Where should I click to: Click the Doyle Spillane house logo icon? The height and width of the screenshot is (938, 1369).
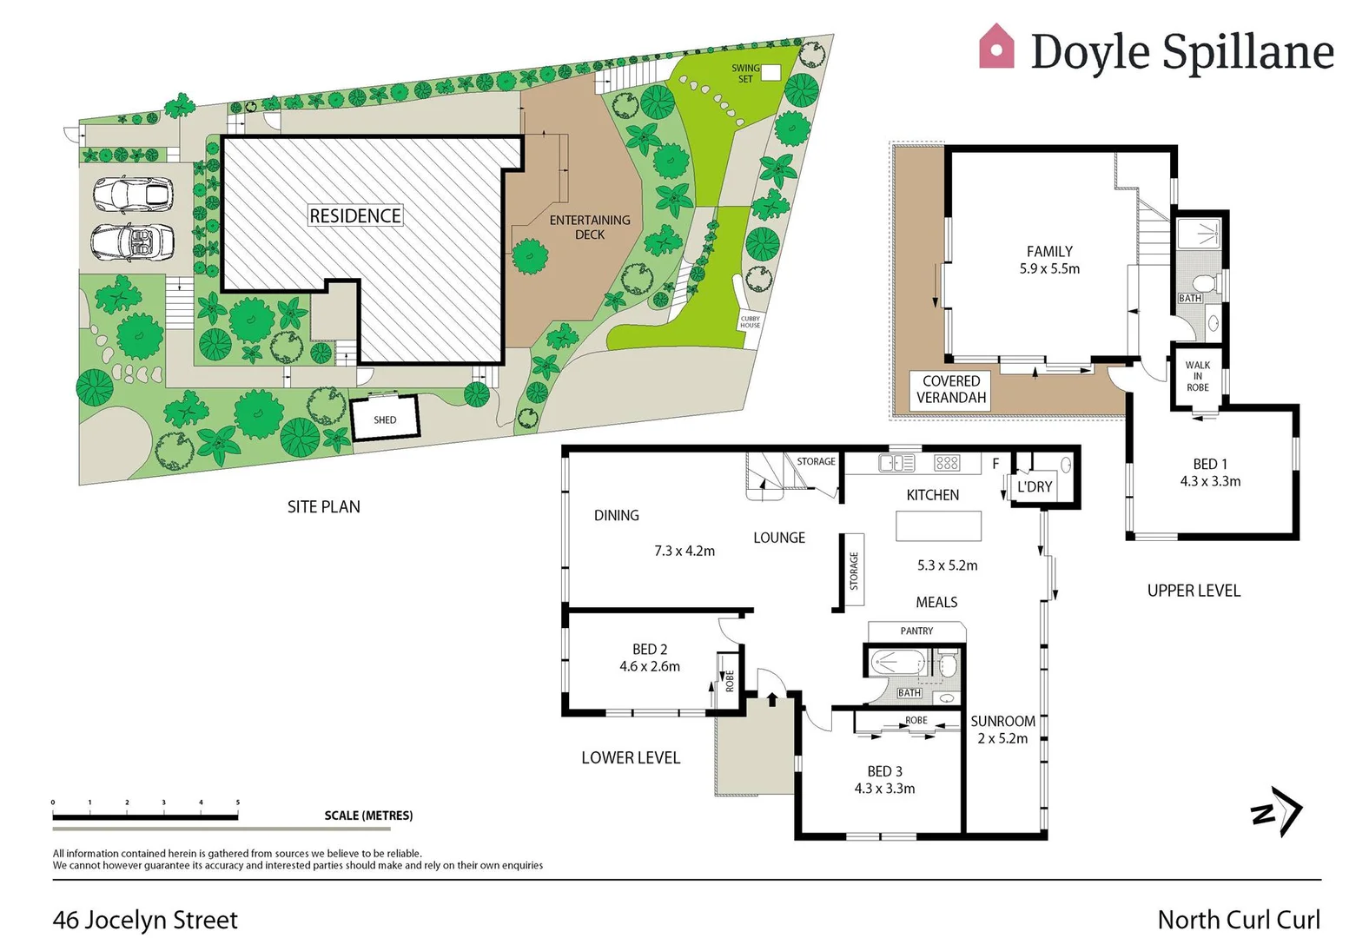tap(996, 47)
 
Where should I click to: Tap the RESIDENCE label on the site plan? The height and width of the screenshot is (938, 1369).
tap(355, 215)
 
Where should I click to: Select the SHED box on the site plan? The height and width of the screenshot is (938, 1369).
tap(385, 419)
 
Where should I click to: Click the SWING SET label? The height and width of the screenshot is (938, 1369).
tap(745, 73)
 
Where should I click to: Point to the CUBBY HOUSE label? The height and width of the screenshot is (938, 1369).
tap(750, 322)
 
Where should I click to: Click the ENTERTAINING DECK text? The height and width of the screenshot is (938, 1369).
tap(590, 227)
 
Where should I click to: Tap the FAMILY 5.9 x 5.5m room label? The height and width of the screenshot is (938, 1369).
tap(1049, 260)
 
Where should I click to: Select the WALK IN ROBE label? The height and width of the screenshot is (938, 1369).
tap(1197, 376)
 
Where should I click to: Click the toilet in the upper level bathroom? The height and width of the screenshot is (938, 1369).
tap(1203, 284)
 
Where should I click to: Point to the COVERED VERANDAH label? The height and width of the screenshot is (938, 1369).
tap(951, 389)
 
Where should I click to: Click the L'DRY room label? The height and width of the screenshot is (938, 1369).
tap(1034, 487)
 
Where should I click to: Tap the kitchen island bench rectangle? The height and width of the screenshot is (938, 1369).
tap(938, 526)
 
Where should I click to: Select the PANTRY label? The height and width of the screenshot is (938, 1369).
tap(916, 631)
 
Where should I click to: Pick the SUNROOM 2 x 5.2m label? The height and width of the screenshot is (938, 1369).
tap(1002, 730)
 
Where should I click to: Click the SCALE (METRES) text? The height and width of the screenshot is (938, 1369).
tap(368, 816)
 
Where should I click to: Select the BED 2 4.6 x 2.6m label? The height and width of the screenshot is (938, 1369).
tap(650, 657)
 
